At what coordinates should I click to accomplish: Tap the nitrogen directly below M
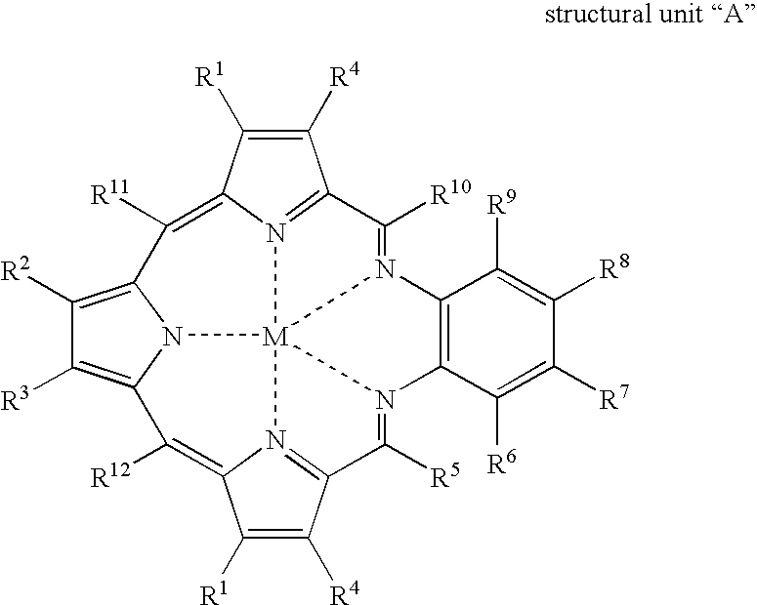(277, 445)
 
